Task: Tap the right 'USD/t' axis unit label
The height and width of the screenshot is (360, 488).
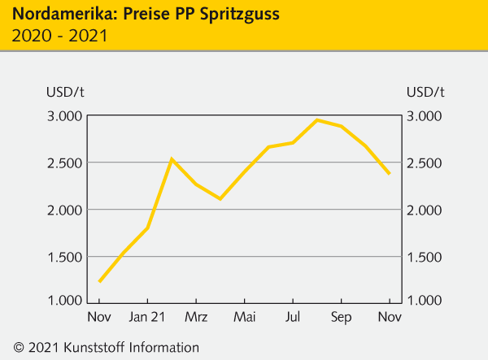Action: point(425,91)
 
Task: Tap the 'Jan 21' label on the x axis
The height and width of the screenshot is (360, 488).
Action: point(147,316)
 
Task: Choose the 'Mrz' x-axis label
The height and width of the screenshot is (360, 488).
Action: point(196,316)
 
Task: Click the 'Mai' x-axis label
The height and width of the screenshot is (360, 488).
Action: point(244,316)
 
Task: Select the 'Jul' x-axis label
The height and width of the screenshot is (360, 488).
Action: point(293,316)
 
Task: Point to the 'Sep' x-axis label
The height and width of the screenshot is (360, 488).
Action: point(341,316)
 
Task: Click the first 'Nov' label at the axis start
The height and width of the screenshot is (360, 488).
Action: point(99,316)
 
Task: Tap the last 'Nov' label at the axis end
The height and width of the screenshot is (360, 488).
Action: point(390,316)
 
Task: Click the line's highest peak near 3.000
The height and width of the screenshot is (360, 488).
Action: point(317,120)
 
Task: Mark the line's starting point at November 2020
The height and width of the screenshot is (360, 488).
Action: point(99,281)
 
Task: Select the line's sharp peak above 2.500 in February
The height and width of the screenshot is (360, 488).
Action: point(172,159)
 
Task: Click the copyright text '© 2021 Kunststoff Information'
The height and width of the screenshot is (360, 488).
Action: point(101,347)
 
